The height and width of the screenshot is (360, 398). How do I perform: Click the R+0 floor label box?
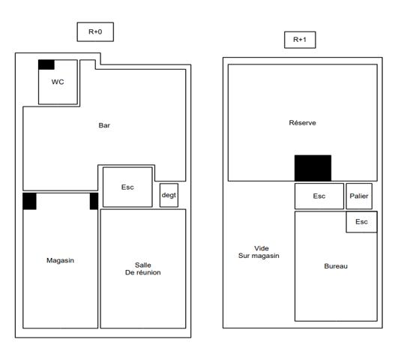pyautogui.click(x=95, y=31)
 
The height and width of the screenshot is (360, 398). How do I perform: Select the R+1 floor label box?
pyautogui.click(x=300, y=40)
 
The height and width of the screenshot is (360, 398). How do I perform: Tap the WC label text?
pyautogui.click(x=58, y=82)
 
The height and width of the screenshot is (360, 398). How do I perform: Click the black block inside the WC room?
pyautogui.click(x=46, y=64)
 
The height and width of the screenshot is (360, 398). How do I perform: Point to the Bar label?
pyautogui.click(x=104, y=125)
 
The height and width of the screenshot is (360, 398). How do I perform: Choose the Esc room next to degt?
pyautogui.click(x=127, y=187)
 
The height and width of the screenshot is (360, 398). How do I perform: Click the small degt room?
pyautogui.click(x=169, y=195)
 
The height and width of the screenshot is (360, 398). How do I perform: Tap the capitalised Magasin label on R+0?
pyautogui.click(x=60, y=260)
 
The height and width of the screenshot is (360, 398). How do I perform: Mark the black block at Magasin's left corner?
pyautogui.click(x=29, y=201)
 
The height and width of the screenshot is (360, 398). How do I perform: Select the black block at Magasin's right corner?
pyautogui.click(x=94, y=201)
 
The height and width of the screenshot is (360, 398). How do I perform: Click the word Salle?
pyautogui.click(x=143, y=264)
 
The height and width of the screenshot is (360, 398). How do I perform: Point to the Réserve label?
pyautogui.click(x=303, y=122)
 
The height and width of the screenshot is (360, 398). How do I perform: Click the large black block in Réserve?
pyautogui.click(x=313, y=168)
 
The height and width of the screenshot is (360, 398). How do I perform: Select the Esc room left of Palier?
pyautogui.click(x=319, y=196)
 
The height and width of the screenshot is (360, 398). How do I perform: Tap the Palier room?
pyautogui.click(x=360, y=196)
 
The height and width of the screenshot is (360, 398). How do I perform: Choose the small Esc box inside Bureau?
pyautogui.click(x=361, y=222)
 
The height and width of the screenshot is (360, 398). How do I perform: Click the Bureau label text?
pyautogui.click(x=336, y=266)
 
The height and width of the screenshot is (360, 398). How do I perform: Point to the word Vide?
pyautogui.click(x=261, y=248)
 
